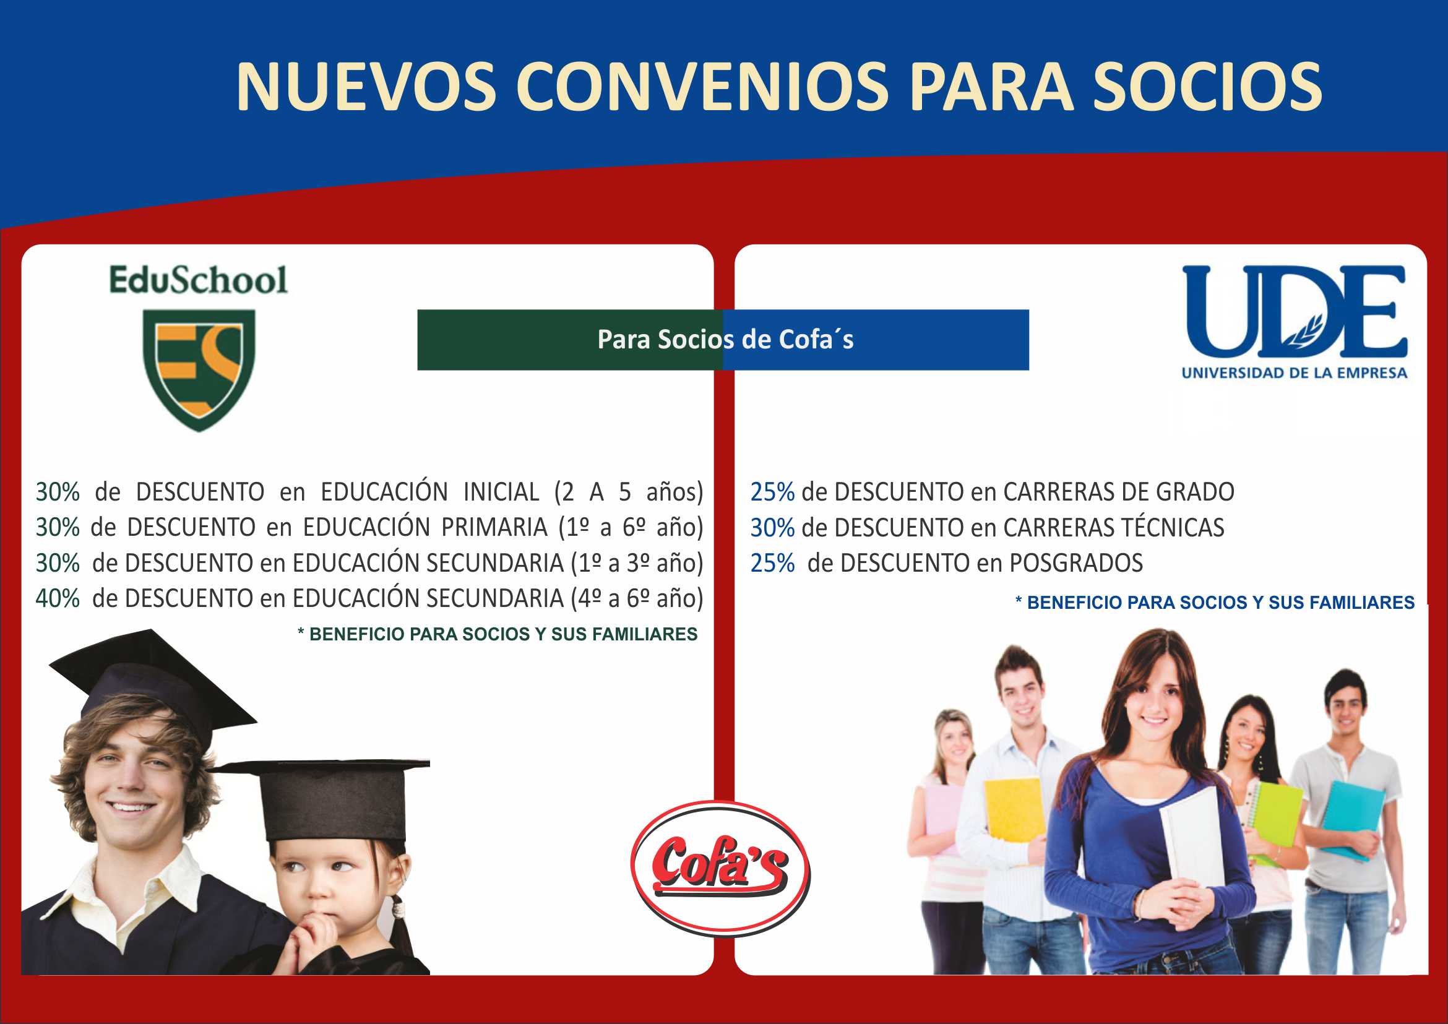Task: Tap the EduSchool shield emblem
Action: [199, 370]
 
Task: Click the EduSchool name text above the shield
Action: [198, 280]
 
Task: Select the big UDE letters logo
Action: [1295, 311]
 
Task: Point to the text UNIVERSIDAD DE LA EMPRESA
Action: [1295, 372]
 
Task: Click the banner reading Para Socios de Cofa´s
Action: [723, 340]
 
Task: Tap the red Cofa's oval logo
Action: [720, 869]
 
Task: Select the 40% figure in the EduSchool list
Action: [58, 598]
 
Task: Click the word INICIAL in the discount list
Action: [501, 492]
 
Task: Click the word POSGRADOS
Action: [1076, 563]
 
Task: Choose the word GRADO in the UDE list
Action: [1194, 492]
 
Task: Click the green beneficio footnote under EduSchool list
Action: [498, 634]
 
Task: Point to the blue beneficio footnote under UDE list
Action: [1215, 603]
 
